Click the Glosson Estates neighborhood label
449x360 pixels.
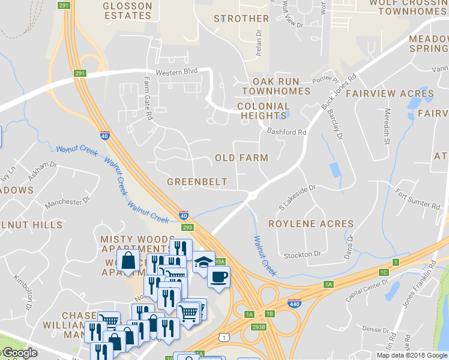(x=127, y=11)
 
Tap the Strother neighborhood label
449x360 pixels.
(x=241, y=19)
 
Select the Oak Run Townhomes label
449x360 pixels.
(x=281, y=86)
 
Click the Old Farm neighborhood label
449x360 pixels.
(x=241, y=158)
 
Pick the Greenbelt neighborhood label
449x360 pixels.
(x=197, y=182)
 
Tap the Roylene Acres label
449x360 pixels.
(x=311, y=224)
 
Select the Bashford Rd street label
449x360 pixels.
(x=287, y=132)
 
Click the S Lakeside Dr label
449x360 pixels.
(x=297, y=199)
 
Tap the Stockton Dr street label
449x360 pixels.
(x=307, y=254)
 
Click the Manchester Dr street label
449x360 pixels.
(x=67, y=202)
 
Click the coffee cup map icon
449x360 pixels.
(x=218, y=277)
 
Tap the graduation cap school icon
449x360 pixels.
(x=203, y=262)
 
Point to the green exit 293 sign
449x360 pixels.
(x=188, y=227)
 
